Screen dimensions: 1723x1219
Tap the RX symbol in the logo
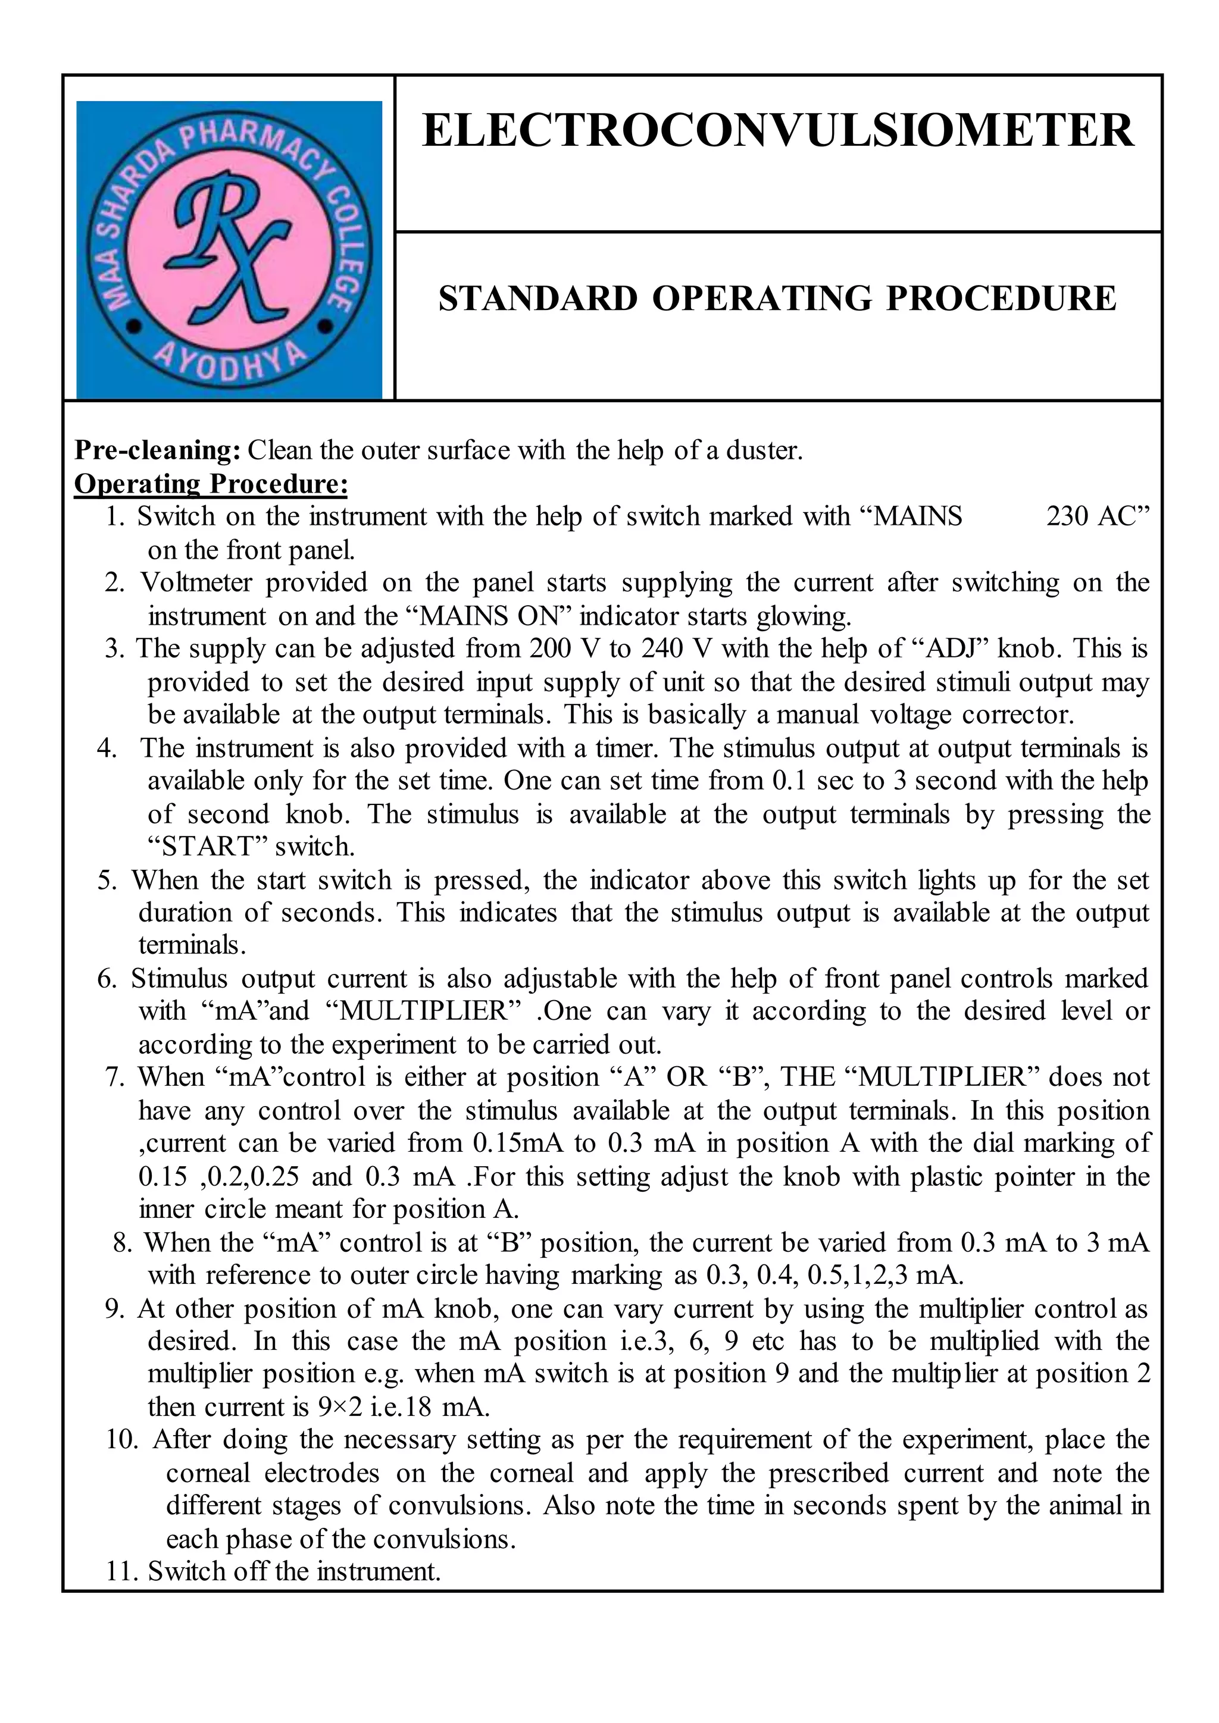click(229, 248)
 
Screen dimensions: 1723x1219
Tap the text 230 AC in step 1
click(1098, 517)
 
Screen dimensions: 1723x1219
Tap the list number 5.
click(107, 881)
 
